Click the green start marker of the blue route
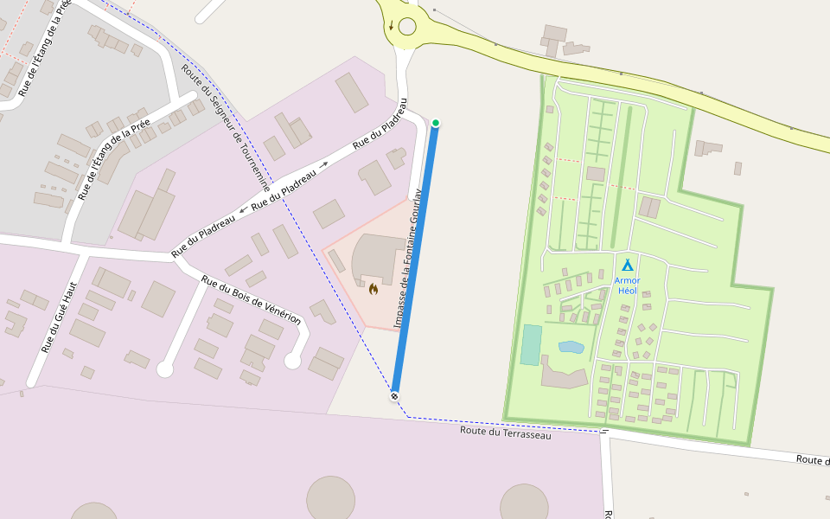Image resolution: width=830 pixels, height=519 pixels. coord(436,123)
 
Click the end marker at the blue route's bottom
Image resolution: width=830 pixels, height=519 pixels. coord(394,396)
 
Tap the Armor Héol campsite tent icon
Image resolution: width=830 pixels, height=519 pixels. coord(628,265)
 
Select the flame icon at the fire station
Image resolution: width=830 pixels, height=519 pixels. coord(373,289)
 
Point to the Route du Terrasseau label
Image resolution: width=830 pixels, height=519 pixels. coord(505,432)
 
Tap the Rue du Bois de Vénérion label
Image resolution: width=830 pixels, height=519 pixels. coord(251,299)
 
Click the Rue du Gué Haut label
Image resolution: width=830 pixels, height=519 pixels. coord(60,317)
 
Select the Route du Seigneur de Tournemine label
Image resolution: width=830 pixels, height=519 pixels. coord(227,128)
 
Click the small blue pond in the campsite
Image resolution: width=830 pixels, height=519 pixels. coord(571,347)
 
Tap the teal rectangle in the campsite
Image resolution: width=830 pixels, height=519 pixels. coord(531,344)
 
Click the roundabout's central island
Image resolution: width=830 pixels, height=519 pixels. coord(407,27)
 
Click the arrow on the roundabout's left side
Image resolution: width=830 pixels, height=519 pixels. coord(391,25)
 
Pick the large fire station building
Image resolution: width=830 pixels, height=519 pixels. coord(379,257)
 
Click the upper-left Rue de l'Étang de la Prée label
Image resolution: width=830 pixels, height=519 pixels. coord(43,48)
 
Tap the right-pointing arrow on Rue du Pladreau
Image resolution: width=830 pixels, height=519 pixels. coord(324,164)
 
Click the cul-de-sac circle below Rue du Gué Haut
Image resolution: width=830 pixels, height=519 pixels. coord(164,370)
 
